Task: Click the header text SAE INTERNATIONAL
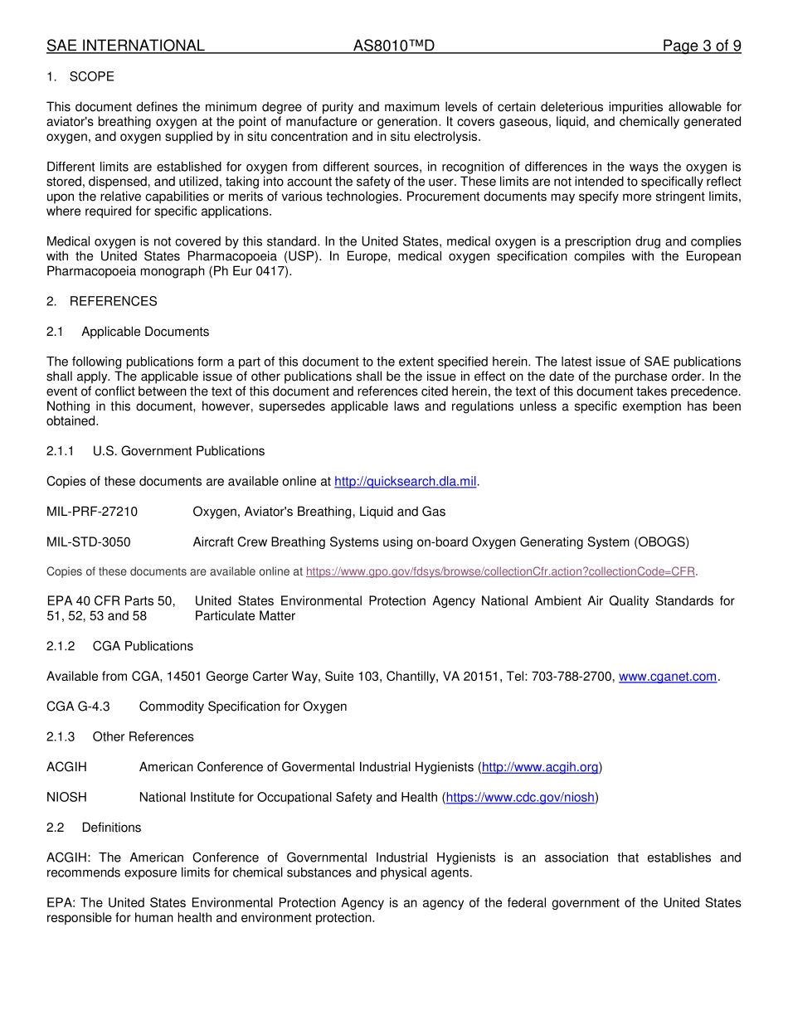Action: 125,46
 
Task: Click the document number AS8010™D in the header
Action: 393,46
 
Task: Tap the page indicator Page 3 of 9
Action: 701,46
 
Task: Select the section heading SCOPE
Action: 91,76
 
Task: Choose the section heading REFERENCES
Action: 113,301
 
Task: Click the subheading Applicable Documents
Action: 145,332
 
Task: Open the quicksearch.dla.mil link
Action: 406,482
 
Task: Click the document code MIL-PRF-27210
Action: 92,512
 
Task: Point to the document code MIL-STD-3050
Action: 89,542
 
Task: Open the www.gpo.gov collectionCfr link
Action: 500,571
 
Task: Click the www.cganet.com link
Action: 668,677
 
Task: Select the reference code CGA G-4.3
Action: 78,707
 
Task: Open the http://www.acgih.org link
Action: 540,767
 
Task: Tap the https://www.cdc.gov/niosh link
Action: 520,798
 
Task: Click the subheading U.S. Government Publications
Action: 178,451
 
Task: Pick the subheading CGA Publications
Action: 143,646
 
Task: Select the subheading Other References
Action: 143,736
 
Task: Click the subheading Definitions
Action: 111,828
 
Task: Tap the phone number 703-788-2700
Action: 572,677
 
